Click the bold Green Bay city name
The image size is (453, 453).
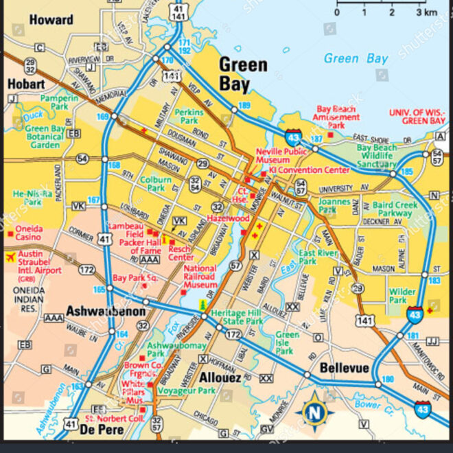242,74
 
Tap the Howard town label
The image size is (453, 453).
51,20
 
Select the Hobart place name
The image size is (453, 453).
26,84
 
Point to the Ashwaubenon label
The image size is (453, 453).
106,312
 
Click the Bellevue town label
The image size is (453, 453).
344,369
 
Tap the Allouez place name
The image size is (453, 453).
220,377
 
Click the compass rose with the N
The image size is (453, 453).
314,412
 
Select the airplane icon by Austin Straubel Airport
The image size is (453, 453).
10,257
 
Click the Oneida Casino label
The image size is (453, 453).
28,233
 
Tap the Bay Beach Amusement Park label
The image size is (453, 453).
337,117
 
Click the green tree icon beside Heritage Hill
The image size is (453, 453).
202,303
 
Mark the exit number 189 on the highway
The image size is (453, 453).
244,106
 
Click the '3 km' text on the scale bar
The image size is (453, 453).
426,12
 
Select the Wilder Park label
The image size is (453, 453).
402,296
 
